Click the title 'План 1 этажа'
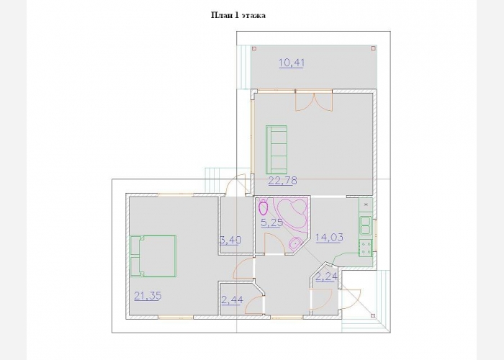[238, 15]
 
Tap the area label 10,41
[292, 63]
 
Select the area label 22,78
[282, 181]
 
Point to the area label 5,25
[272, 222]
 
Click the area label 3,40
[230, 240]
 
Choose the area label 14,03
[330, 238]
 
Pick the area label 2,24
[327, 276]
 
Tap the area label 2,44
[233, 300]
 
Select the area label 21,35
[148, 295]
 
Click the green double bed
[153, 256]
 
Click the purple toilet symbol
[264, 207]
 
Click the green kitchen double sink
[366, 225]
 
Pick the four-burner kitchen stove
[366, 248]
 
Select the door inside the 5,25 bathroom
[274, 244]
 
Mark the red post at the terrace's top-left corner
[254, 48]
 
